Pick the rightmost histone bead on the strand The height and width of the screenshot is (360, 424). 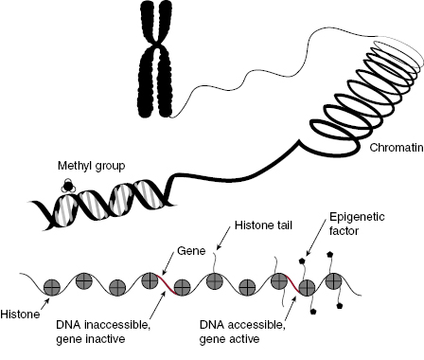pos(335,281)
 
